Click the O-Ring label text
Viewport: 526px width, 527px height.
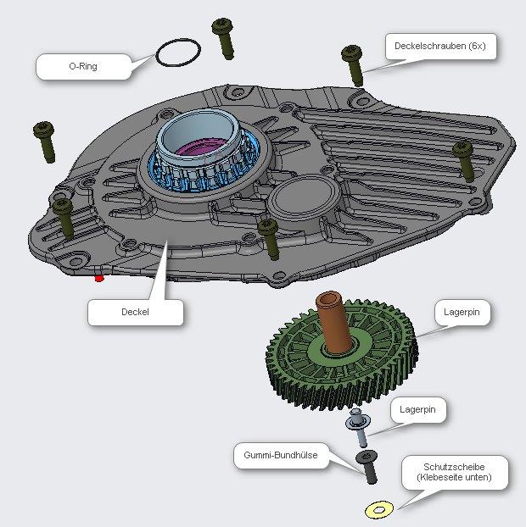pyautogui.click(x=83, y=66)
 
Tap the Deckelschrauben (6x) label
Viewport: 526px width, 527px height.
pyautogui.click(x=439, y=46)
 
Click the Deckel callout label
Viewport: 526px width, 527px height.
pyautogui.click(x=135, y=312)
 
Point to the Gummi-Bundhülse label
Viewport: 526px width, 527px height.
pyautogui.click(x=281, y=455)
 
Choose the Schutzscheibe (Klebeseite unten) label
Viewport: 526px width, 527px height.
pyautogui.click(x=455, y=472)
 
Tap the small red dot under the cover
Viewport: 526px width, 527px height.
pyautogui.click(x=99, y=278)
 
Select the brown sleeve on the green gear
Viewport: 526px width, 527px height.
pyautogui.click(x=333, y=322)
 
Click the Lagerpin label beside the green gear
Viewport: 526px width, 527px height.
pyautogui.click(x=462, y=312)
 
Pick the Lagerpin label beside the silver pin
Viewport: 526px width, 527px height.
pyautogui.click(x=417, y=409)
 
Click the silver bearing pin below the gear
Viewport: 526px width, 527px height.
pyautogui.click(x=359, y=427)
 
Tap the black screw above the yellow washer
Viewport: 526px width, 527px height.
pyautogui.click(x=367, y=467)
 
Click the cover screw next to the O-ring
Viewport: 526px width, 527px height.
pyautogui.click(x=224, y=38)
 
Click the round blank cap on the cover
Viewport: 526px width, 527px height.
pyautogui.click(x=305, y=198)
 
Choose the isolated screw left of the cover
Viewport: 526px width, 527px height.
pyautogui.click(x=45, y=141)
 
